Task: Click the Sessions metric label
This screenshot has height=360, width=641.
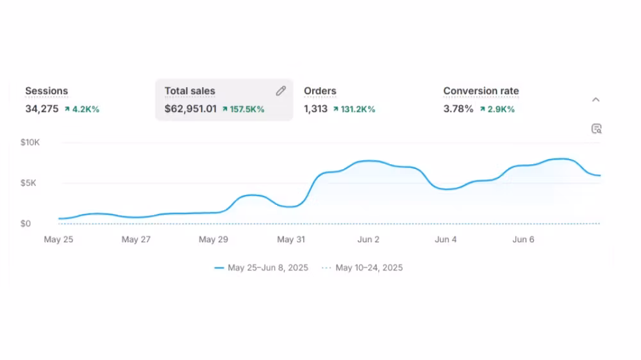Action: pyautogui.click(x=46, y=91)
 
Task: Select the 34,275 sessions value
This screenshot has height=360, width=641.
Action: pyautogui.click(x=42, y=109)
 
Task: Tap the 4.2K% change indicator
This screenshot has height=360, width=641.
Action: pyautogui.click(x=82, y=110)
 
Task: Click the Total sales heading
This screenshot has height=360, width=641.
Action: pyautogui.click(x=190, y=91)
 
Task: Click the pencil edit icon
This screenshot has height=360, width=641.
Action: pyautogui.click(x=281, y=91)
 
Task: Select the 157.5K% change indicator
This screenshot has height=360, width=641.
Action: pyautogui.click(x=244, y=110)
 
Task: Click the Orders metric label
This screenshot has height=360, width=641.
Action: pyautogui.click(x=320, y=91)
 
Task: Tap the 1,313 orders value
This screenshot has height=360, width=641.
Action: pyautogui.click(x=315, y=109)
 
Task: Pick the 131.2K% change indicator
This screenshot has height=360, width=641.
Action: pyautogui.click(x=354, y=110)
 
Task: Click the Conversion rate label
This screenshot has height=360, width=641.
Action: pyautogui.click(x=481, y=91)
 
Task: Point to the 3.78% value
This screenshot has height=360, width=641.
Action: pyautogui.click(x=458, y=109)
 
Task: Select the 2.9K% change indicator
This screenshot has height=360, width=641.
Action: pyautogui.click(x=497, y=110)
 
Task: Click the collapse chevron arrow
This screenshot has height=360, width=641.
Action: pyautogui.click(x=595, y=99)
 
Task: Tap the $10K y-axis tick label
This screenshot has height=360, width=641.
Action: pyautogui.click(x=30, y=142)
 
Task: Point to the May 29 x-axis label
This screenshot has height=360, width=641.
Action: pyautogui.click(x=213, y=240)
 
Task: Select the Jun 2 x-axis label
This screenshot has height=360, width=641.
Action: pyautogui.click(x=369, y=240)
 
